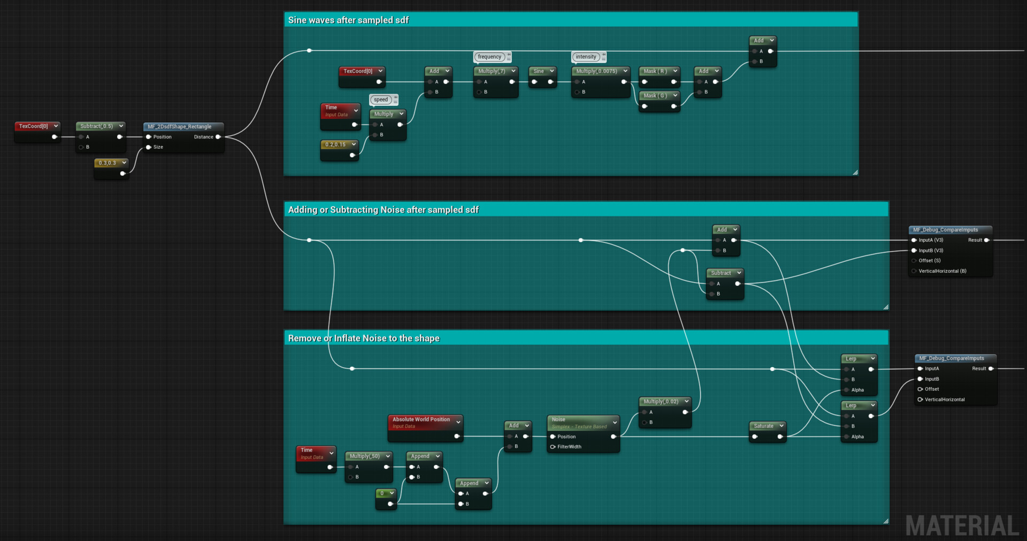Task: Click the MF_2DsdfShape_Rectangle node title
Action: [x=179, y=127]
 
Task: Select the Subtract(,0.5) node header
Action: [x=97, y=126]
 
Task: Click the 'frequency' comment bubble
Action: [x=489, y=57]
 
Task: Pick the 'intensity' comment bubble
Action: [x=586, y=57]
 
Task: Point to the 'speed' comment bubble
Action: [x=381, y=99]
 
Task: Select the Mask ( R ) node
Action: [x=655, y=71]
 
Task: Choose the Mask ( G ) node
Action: [x=655, y=96]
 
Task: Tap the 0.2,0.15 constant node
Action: [x=335, y=145]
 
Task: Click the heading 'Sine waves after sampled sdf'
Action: [x=348, y=20]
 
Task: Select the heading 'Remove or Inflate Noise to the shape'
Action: [x=364, y=338]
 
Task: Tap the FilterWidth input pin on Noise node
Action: [x=553, y=447]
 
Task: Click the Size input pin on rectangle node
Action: [x=149, y=147]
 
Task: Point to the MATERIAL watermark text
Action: [x=962, y=526]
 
